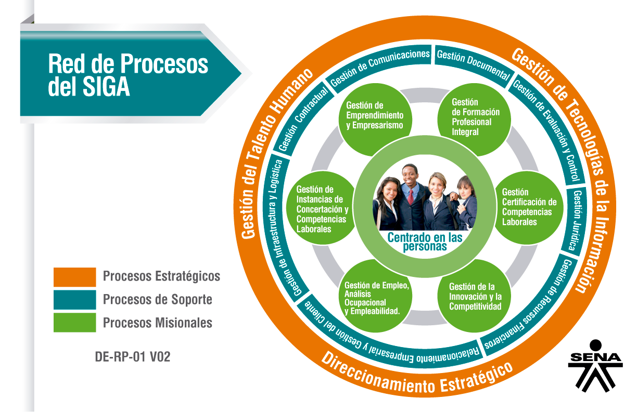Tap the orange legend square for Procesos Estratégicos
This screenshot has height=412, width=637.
pos(74,277)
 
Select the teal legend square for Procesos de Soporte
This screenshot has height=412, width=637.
pos(74,300)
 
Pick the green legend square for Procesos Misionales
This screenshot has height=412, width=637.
pos(74,322)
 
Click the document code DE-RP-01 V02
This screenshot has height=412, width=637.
pos(133,357)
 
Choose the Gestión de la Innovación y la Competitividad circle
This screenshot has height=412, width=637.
pos(475,296)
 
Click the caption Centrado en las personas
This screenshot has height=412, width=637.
pos(425,242)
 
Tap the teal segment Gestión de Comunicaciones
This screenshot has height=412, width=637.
pos(380,66)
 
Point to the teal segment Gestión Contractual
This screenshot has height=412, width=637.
pos(304,119)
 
